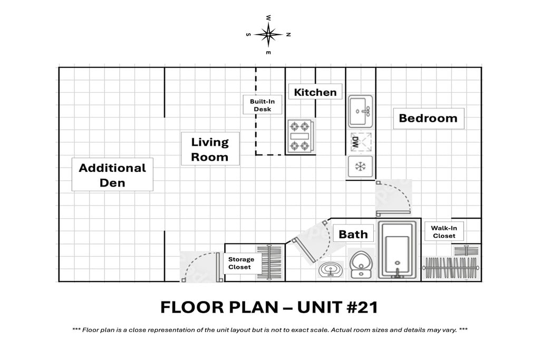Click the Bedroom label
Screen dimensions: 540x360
(428, 119)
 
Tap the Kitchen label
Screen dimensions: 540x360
(315, 92)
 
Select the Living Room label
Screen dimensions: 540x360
(210, 149)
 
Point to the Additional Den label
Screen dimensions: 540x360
(112, 175)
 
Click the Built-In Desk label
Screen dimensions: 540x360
(263, 105)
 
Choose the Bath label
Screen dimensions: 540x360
(353, 235)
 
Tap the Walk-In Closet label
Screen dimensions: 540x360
(444, 232)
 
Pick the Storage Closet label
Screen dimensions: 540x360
(240, 264)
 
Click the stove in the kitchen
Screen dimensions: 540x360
(300, 136)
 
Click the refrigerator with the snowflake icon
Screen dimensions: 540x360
(360, 167)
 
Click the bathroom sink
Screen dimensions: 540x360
(330, 269)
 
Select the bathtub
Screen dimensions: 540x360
(398, 250)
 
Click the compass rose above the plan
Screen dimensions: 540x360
(268, 34)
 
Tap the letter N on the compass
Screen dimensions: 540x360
(288, 34)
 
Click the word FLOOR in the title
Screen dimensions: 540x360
(192, 307)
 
